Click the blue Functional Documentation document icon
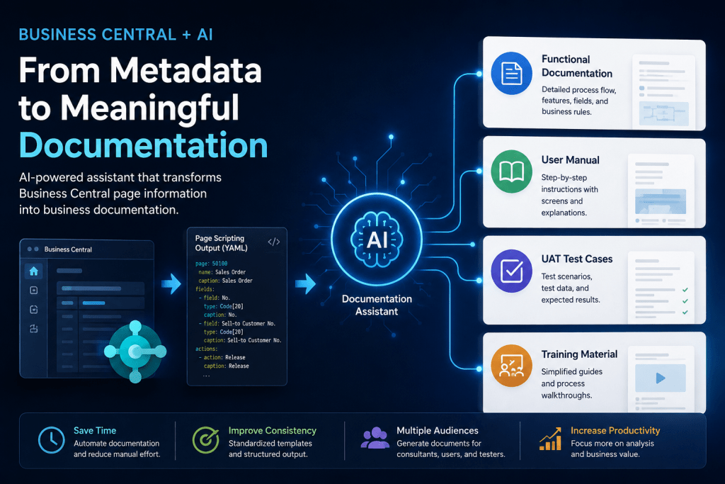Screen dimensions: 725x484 point(511,73)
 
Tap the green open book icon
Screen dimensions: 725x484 point(511,171)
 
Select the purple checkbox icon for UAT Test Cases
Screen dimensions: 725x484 point(511,271)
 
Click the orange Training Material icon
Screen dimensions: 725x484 point(511,366)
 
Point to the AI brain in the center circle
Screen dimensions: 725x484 point(377,240)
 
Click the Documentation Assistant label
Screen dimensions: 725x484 point(377,305)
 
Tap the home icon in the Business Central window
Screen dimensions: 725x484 point(34,271)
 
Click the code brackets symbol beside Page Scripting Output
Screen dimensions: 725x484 point(274,242)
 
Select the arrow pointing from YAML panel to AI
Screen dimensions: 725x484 point(305,283)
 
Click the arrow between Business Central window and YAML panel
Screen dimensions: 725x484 point(171,283)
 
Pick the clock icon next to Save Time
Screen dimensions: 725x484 point(51,439)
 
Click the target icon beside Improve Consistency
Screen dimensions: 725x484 point(206,439)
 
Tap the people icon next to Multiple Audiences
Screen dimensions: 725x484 point(375,438)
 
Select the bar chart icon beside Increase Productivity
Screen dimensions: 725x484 point(550,439)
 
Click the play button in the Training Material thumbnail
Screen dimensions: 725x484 point(661,378)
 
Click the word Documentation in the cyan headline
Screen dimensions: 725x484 point(143,145)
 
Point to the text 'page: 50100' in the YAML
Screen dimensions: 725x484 point(211,264)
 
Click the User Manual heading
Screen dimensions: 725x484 point(570,160)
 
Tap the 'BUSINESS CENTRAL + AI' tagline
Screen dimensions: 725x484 point(115,35)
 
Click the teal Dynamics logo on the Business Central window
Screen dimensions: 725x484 point(135,351)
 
